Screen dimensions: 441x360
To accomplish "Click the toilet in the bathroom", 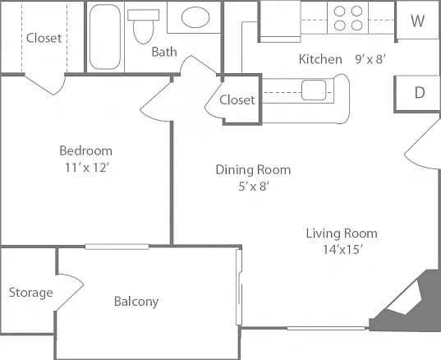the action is [144, 26].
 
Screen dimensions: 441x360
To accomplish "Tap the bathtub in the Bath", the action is [105, 37].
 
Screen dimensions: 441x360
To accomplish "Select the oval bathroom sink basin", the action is [195, 17].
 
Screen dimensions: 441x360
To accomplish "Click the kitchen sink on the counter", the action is [314, 90].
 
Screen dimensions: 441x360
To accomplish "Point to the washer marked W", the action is [418, 21].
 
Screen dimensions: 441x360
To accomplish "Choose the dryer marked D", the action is [418, 93].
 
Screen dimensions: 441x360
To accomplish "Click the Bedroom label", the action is [85, 151].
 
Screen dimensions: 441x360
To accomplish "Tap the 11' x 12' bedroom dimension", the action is [86, 168].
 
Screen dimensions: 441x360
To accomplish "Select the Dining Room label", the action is [253, 170].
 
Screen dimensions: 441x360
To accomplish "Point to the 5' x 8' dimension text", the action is [254, 186].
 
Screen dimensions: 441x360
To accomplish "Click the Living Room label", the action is [342, 233].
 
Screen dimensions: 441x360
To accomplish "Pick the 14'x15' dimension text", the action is [342, 249].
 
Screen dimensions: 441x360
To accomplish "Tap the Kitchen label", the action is [320, 59].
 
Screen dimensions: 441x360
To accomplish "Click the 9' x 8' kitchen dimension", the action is [370, 59].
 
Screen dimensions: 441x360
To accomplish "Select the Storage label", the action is [31, 293].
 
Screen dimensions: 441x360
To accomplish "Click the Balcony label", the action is [136, 302].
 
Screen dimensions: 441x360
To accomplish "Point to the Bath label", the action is [164, 52].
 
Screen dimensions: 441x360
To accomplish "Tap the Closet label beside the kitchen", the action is [237, 100].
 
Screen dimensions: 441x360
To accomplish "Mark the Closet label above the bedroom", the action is [44, 38].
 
